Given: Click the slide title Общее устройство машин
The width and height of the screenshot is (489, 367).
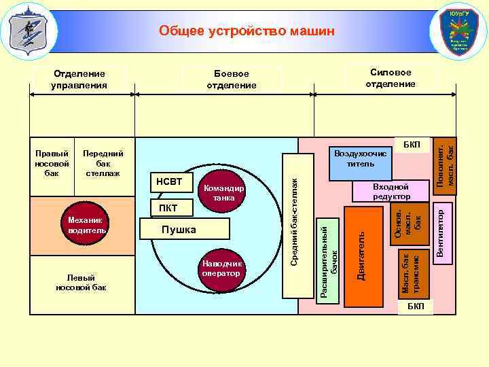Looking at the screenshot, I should point(247,31).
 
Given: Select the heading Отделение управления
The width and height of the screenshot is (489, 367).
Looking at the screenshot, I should point(79,80).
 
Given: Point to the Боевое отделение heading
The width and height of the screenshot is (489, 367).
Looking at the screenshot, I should point(232,80).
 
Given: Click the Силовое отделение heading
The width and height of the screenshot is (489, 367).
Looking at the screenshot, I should point(391,77).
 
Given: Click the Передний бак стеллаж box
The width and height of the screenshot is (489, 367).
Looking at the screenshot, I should point(103,164).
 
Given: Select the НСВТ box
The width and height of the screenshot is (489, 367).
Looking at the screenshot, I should point(169,182).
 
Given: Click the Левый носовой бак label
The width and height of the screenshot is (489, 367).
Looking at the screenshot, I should point(81,282).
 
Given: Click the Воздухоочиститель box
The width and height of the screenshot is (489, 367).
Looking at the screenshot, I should point(360,159).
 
